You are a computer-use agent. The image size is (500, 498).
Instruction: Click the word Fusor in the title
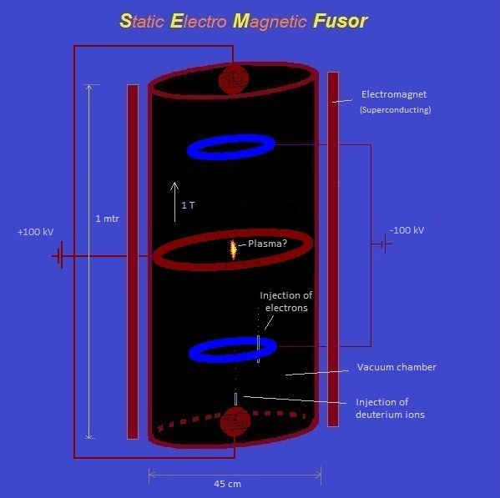click(341, 21)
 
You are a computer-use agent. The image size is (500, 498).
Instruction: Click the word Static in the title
click(142, 21)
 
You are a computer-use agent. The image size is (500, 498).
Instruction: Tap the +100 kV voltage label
click(35, 232)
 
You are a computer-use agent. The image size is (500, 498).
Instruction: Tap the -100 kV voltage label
click(407, 230)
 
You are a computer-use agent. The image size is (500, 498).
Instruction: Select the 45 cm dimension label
click(227, 484)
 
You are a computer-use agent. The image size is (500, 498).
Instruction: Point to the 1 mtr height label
click(107, 219)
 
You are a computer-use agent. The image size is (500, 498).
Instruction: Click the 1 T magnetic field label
click(188, 205)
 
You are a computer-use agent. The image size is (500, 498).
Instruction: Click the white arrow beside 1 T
click(174, 202)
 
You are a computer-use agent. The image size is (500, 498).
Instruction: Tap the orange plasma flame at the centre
click(234, 249)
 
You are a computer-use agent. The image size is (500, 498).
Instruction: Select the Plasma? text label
click(267, 244)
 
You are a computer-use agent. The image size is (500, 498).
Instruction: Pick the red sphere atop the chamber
click(234, 79)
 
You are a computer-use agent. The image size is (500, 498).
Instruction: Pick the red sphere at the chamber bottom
click(235, 421)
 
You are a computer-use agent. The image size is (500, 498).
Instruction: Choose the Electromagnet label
click(394, 94)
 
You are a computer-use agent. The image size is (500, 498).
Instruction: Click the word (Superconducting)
click(396, 110)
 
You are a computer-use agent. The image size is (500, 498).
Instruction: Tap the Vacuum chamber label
click(396, 367)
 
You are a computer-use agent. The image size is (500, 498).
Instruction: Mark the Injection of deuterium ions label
click(390, 408)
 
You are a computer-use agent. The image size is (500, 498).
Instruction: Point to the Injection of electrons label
click(286, 301)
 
